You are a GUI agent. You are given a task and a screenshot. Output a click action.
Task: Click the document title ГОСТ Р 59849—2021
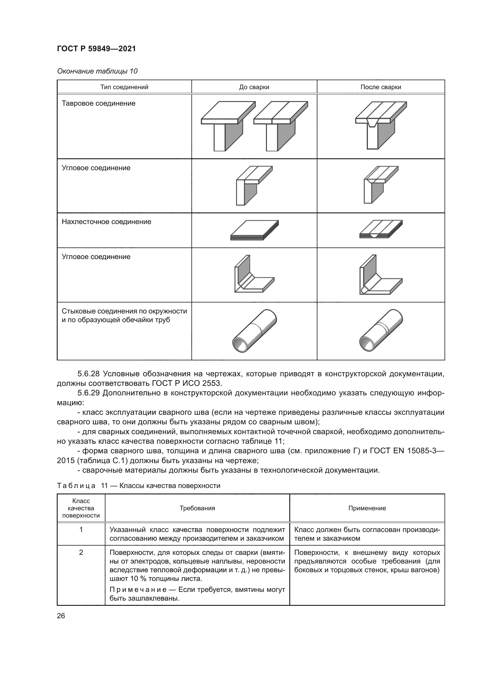pos(96,49)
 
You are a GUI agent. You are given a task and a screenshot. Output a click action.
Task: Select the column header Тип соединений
pos(124,87)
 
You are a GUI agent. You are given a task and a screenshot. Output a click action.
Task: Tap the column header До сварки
pos(254,87)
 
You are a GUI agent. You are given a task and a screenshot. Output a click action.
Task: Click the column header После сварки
pos(381,87)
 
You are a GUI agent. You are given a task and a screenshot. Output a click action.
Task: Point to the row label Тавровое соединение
pos(98,104)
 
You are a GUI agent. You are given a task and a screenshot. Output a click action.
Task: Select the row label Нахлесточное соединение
pos(106,222)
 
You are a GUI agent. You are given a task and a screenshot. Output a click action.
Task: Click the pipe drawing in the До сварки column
pos(255,331)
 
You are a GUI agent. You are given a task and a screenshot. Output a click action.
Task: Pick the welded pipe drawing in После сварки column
pos(381,331)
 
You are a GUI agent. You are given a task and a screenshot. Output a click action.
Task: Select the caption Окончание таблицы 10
pos(97,71)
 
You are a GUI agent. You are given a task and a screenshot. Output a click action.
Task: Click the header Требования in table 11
pos(197,508)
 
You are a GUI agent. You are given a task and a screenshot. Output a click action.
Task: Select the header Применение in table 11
pos(367,508)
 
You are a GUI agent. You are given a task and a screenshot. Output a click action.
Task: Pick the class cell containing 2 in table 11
pos(81,552)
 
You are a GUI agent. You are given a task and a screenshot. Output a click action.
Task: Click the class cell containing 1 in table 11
pos(81,530)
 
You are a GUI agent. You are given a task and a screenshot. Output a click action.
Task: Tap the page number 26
pos(61,616)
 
